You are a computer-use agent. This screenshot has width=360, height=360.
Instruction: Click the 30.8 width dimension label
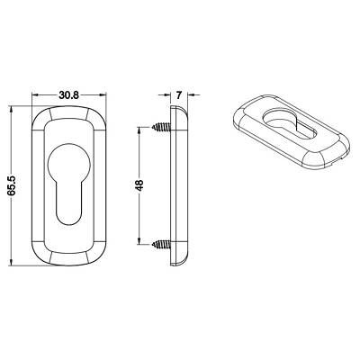[x=68, y=95]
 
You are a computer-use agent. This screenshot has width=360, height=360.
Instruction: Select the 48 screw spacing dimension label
[x=139, y=185]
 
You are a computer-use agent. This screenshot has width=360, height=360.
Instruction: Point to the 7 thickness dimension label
[x=179, y=95]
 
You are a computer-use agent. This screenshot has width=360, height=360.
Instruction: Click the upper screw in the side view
[x=161, y=127]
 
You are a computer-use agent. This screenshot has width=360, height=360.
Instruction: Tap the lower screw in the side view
[x=161, y=244]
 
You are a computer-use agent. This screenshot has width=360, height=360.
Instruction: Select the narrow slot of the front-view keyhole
[x=69, y=204]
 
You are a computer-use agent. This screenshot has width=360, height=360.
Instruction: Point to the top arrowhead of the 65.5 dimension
[x=12, y=110]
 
